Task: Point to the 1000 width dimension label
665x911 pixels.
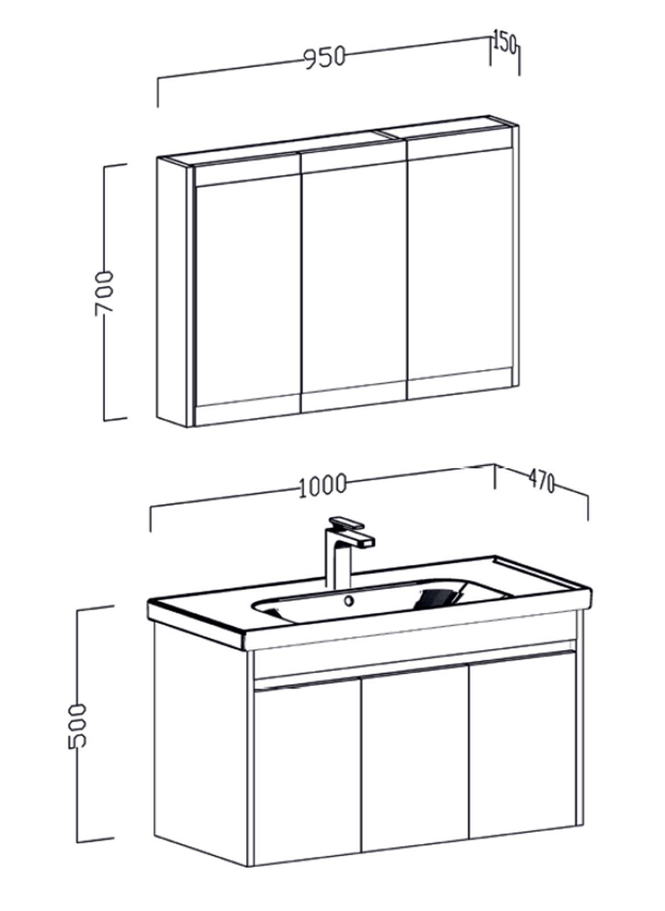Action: [x=322, y=485]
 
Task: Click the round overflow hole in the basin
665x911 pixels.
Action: [x=348, y=600]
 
